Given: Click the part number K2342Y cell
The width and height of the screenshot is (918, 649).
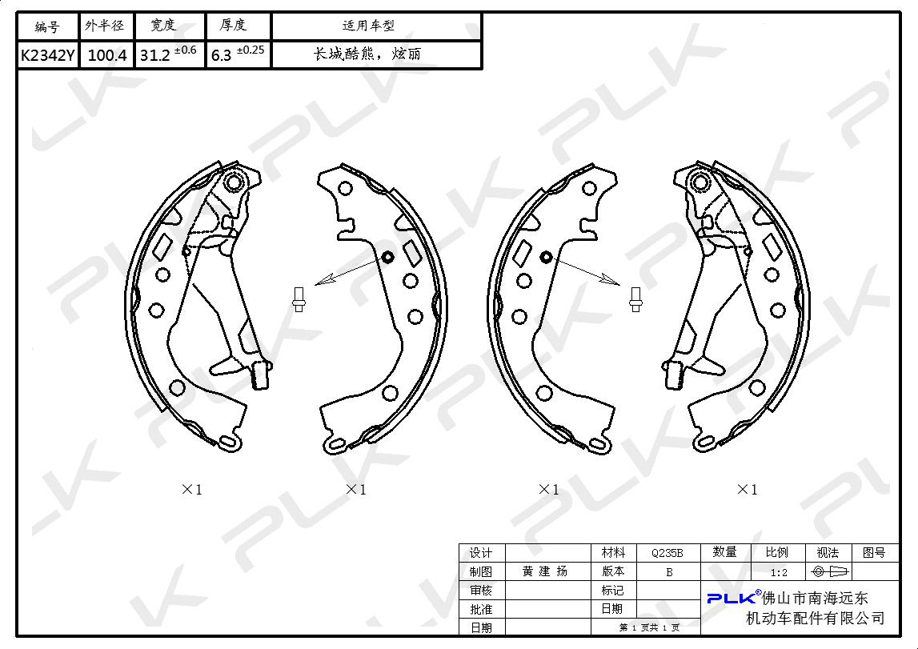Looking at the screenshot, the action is click(x=47, y=55).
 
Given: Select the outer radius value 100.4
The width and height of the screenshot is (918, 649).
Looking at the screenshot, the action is click(x=107, y=55).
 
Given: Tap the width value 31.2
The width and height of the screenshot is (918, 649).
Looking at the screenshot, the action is click(x=155, y=55).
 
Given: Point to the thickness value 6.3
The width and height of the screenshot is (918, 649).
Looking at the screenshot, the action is click(x=222, y=55).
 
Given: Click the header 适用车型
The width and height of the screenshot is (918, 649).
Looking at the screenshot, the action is click(x=368, y=26).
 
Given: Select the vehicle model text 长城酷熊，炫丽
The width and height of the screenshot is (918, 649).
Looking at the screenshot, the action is click(x=367, y=54).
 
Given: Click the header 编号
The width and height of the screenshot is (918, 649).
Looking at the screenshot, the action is click(x=47, y=26).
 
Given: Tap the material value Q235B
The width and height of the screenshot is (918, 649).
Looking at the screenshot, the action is click(x=667, y=553).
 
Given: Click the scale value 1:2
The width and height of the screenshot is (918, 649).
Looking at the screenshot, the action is click(x=779, y=572).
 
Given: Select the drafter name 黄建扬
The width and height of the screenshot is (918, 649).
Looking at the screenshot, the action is click(x=545, y=571).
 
